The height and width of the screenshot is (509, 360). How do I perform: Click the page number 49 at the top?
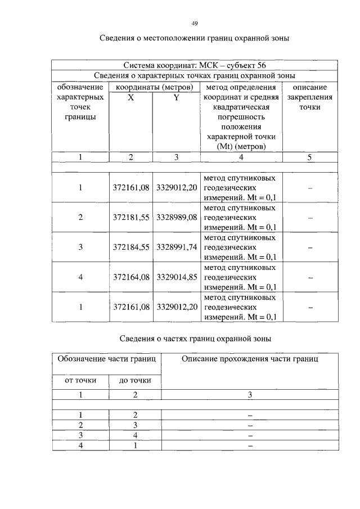(195, 23)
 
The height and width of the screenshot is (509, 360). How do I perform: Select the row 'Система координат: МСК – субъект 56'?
(195, 66)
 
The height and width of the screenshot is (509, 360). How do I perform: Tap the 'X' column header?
(130, 97)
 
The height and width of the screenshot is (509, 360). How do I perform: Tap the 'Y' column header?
(175, 97)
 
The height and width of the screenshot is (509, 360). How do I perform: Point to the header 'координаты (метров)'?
(154, 87)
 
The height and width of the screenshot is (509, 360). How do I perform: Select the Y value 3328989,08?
(176, 217)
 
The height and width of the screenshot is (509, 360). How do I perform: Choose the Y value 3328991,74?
(176, 247)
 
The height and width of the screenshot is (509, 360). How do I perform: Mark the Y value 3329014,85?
(176, 277)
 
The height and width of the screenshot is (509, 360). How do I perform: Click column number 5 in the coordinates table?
(310, 157)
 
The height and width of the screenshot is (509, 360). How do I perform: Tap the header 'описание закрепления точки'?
(310, 97)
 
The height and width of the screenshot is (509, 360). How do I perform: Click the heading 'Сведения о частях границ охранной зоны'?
(195, 339)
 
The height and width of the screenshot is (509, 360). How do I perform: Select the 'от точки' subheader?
(81, 381)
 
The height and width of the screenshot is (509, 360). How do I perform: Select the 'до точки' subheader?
(135, 381)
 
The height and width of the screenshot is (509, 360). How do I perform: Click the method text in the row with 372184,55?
(240, 247)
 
